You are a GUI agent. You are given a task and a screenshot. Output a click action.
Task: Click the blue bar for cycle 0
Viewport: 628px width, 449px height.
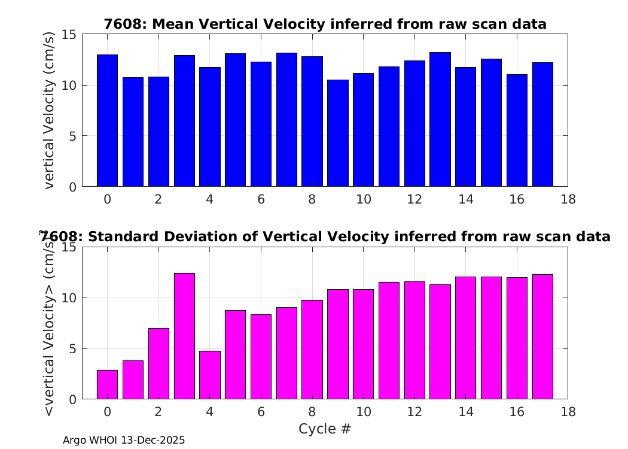(107, 121)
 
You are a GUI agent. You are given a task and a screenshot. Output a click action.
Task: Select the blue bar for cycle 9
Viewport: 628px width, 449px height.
(338, 133)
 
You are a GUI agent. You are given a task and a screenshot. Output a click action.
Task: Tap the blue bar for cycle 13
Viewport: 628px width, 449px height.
(440, 120)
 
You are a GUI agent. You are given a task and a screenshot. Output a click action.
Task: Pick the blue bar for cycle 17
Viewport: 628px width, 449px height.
(542, 125)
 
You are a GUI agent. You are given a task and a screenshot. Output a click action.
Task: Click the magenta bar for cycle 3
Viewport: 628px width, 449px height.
(184, 336)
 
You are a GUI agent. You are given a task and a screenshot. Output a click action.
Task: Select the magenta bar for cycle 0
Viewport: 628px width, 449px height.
(107, 384)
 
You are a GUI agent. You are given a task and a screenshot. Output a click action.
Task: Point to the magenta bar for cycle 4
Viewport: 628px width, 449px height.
(210, 375)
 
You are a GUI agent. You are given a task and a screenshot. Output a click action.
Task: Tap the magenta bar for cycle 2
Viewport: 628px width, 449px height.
(158, 363)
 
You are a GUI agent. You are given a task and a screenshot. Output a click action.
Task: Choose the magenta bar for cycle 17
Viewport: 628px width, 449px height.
(542, 336)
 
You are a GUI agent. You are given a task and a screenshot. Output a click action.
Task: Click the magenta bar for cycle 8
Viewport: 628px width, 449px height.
(312, 350)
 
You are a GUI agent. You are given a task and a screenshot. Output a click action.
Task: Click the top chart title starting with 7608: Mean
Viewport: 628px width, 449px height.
(325, 24)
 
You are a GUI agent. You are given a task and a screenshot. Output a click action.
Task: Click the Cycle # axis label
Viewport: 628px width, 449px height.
(325, 429)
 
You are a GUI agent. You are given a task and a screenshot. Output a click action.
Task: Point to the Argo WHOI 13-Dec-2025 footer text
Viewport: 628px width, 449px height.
(124, 440)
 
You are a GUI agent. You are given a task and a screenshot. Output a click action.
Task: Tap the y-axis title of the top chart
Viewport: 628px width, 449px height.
(48, 110)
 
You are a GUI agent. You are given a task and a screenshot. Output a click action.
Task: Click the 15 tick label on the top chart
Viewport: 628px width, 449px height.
(69, 35)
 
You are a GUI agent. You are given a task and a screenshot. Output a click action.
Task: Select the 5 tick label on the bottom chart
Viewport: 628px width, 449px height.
(72, 349)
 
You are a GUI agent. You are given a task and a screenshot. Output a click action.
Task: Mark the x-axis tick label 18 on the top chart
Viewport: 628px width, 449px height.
(568, 199)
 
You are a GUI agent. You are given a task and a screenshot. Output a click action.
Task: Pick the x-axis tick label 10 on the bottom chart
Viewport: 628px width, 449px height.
(363, 412)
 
